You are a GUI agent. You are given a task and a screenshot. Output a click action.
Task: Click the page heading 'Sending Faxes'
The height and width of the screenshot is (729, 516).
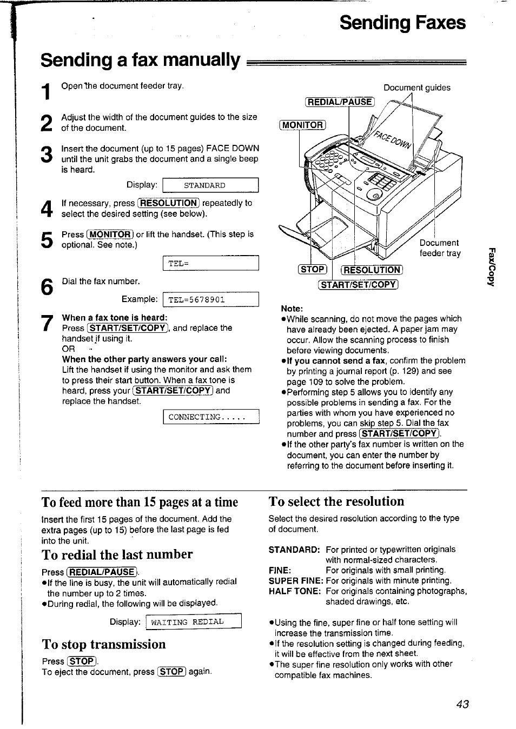point(402,23)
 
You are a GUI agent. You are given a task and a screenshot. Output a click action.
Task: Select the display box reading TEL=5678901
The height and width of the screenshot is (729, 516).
point(211,299)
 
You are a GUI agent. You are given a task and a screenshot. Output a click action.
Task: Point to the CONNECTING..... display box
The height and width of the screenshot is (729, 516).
point(211,417)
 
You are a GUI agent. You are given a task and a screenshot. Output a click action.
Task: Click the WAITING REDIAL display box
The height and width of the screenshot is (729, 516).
point(193,622)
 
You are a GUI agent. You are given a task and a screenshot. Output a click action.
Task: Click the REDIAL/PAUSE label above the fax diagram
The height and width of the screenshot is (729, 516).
point(340,102)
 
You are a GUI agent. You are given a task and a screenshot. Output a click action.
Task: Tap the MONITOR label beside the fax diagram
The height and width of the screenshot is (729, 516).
point(303,125)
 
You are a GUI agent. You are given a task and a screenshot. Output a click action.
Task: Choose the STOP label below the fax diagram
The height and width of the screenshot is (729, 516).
point(313,269)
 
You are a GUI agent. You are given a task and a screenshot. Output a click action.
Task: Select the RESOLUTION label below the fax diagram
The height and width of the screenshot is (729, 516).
point(372,270)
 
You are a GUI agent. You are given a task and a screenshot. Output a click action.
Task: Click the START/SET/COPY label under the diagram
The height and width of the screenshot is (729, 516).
point(358,285)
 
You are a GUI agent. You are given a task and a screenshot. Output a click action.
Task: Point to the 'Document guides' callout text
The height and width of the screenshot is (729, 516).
point(416,88)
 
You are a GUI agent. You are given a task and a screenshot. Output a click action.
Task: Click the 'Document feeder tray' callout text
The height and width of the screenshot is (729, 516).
point(440,248)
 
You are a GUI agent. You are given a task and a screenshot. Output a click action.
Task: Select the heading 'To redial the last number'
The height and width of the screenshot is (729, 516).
point(117,554)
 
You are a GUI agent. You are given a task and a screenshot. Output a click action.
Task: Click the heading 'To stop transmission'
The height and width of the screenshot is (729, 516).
point(104,644)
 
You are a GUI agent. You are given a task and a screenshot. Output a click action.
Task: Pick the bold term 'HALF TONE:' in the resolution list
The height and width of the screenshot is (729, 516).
point(295,591)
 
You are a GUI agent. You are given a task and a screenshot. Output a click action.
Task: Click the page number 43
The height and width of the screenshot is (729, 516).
point(462,704)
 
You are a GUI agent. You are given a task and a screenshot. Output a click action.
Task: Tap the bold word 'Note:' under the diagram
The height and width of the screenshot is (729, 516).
point(292,308)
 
